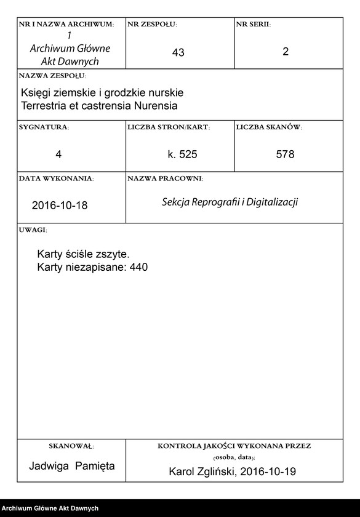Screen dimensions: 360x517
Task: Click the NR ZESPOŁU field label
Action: (152, 24)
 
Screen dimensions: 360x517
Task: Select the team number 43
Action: (178, 53)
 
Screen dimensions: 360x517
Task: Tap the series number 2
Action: (286, 52)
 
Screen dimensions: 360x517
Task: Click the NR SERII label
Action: (253, 24)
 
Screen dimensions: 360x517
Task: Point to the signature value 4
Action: (58, 154)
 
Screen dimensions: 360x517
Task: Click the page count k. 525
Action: (182, 154)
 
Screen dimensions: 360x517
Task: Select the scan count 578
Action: (286, 154)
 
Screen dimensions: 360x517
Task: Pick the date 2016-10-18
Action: (60, 206)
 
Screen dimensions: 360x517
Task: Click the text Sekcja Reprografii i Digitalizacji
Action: (230, 202)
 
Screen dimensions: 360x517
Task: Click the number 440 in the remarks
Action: (139, 267)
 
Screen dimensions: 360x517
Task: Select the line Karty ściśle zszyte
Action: (83, 254)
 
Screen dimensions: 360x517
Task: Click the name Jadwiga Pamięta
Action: (72, 466)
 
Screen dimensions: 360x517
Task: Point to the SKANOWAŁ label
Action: (71, 446)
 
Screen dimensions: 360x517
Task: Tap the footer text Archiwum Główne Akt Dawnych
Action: (50, 508)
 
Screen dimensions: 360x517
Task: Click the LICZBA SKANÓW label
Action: (268, 127)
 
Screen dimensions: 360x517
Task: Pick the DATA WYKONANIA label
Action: (56, 178)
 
